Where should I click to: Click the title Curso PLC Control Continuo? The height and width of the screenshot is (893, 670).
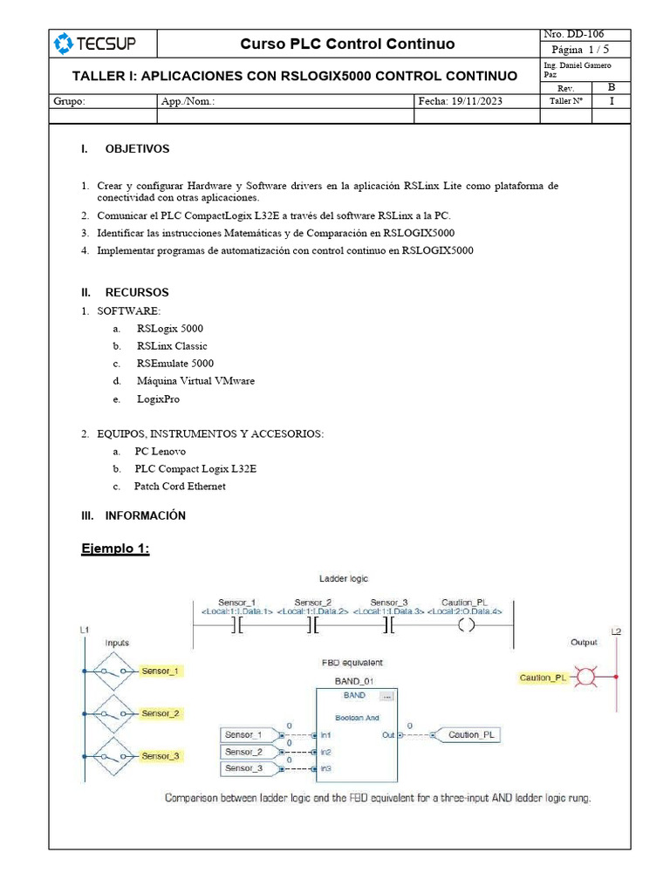click(x=346, y=44)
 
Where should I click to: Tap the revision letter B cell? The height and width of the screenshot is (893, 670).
click(x=611, y=87)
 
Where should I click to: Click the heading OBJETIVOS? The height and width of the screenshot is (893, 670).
click(x=137, y=149)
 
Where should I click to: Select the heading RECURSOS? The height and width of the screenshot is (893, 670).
click(x=137, y=292)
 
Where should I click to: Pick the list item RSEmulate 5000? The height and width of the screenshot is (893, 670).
click(x=174, y=363)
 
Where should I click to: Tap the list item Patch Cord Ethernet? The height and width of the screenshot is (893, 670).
click(x=180, y=486)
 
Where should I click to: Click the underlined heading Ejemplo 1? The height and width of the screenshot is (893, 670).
click(x=115, y=548)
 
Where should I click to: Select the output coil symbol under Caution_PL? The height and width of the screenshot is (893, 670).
click(x=465, y=625)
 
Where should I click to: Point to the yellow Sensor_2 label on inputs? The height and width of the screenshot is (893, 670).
click(x=161, y=713)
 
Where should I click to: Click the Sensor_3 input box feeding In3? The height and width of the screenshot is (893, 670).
click(x=249, y=768)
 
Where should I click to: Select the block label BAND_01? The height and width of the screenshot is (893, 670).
click(x=353, y=679)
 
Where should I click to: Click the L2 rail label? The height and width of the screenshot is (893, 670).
click(x=617, y=631)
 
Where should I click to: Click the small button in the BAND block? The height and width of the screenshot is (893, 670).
click(x=387, y=696)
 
